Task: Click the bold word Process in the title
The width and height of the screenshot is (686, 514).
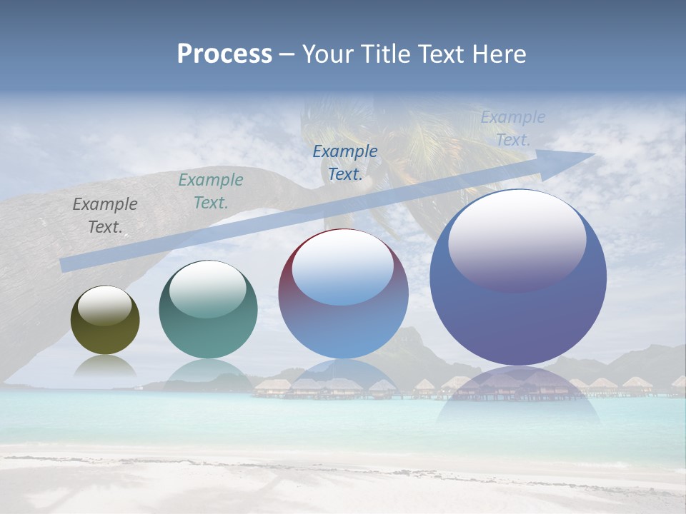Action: pyautogui.click(x=224, y=54)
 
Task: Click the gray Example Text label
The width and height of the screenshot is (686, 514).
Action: pyautogui.click(x=105, y=216)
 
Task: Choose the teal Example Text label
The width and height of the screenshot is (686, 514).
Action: pyautogui.click(x=211, y=191)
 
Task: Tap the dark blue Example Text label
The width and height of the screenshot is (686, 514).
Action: pyautogui.click(x=345, y=163)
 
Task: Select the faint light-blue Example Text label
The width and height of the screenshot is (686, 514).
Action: pyautogui.click(x=512, y=128)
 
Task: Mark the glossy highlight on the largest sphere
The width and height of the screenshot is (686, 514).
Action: pyautogui.click(x=517, y=239)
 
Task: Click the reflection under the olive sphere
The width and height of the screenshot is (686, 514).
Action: pyautogui.click(x=105, y=366)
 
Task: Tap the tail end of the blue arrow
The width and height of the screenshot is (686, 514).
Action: pyautogui.click(x=64, y=265)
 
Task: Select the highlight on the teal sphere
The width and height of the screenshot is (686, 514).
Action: pyautogui.click(x=208, y=289)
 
